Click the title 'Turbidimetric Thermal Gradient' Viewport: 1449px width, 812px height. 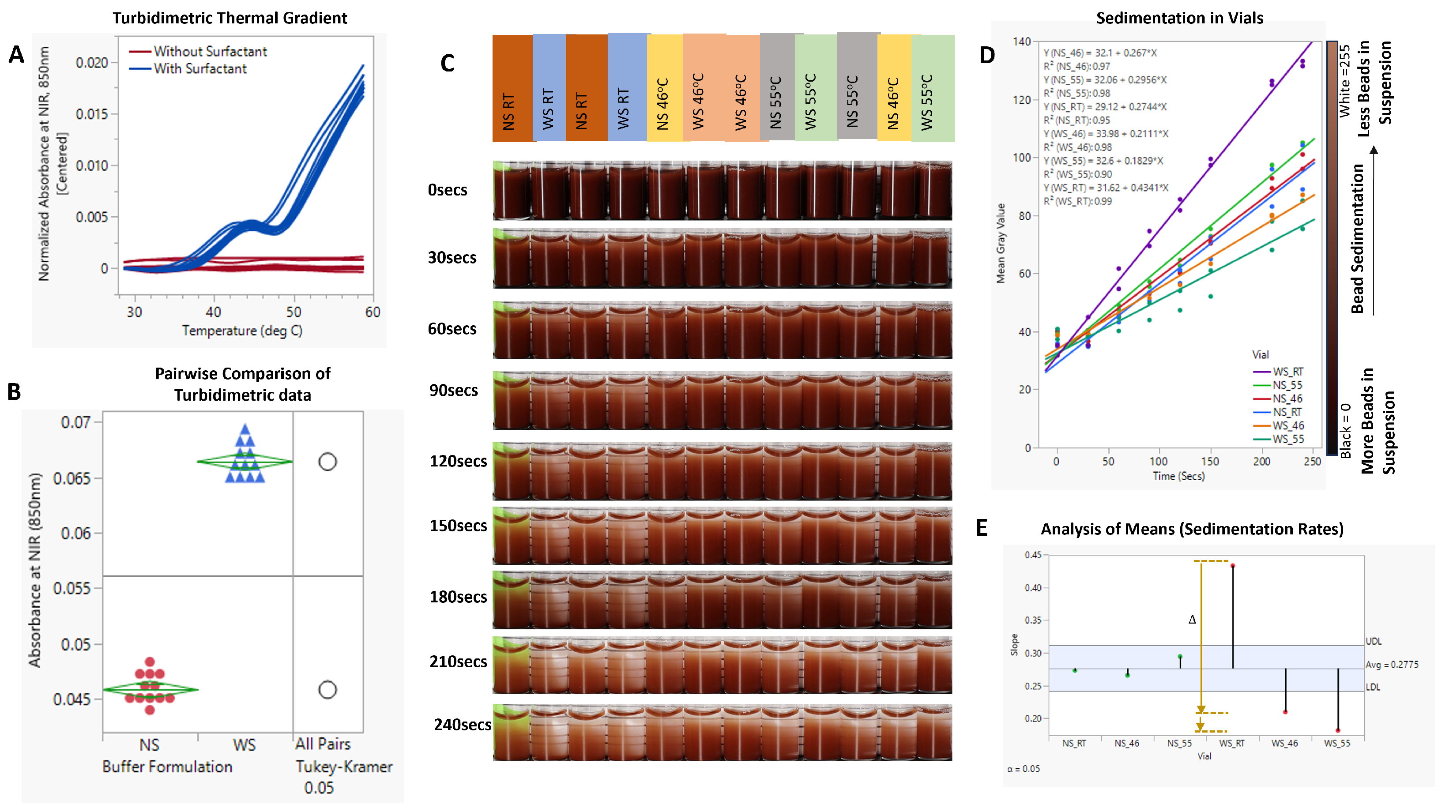click(x=230, y=18)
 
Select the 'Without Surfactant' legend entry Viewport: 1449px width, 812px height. click(x=210, y=51)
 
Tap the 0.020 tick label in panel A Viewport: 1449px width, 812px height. click(x=92, y=62)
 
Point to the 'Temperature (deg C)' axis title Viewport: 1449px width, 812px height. click(x=242, y=330)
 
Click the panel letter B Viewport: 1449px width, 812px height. click(x=14, y=392)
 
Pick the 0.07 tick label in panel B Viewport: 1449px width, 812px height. click(x=75, y=422)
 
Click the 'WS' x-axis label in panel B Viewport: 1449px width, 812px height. click(x=244, y=745)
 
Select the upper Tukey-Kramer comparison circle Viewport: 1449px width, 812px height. click(x=327, y=462)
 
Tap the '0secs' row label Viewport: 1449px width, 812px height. click(x=447, y=190)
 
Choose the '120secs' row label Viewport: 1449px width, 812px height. click(x=458, y=461)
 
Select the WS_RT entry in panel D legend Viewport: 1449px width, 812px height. click(x=1287, y=372)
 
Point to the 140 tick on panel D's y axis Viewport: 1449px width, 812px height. click(x=1021, y=41)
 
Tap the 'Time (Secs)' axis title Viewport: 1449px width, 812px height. click(x=1178, y=476)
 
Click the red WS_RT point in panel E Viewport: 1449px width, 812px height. click(x=1232, y=566)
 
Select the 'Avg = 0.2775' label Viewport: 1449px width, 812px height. click(x=1392, y=665)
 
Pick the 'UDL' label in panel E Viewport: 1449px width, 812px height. click(x=1373, y=641)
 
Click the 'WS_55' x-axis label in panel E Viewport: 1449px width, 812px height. click(x=1337, y=744)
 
